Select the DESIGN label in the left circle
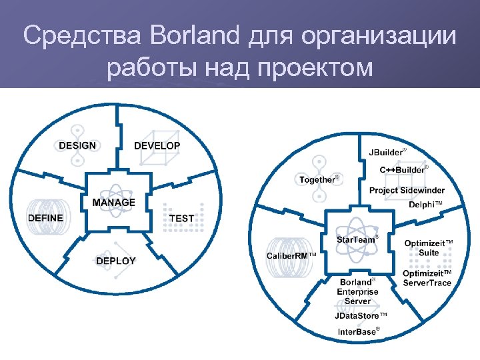[x=77, y=145]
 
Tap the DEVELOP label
[x=157, y=146]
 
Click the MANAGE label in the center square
[x=113, y=202]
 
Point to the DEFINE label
[x=45, y=218]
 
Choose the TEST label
[x=181, y=218]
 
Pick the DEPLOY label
[x=115, y=261]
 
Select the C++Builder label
[x=403, y=170]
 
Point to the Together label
[x=318, y=180]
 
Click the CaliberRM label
[x=291, y=256]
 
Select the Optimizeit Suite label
[x=429, y=248]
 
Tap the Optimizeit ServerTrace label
[x=427, y=278]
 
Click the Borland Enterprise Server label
[x=357, y=292]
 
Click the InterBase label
[x=358, y=331]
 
